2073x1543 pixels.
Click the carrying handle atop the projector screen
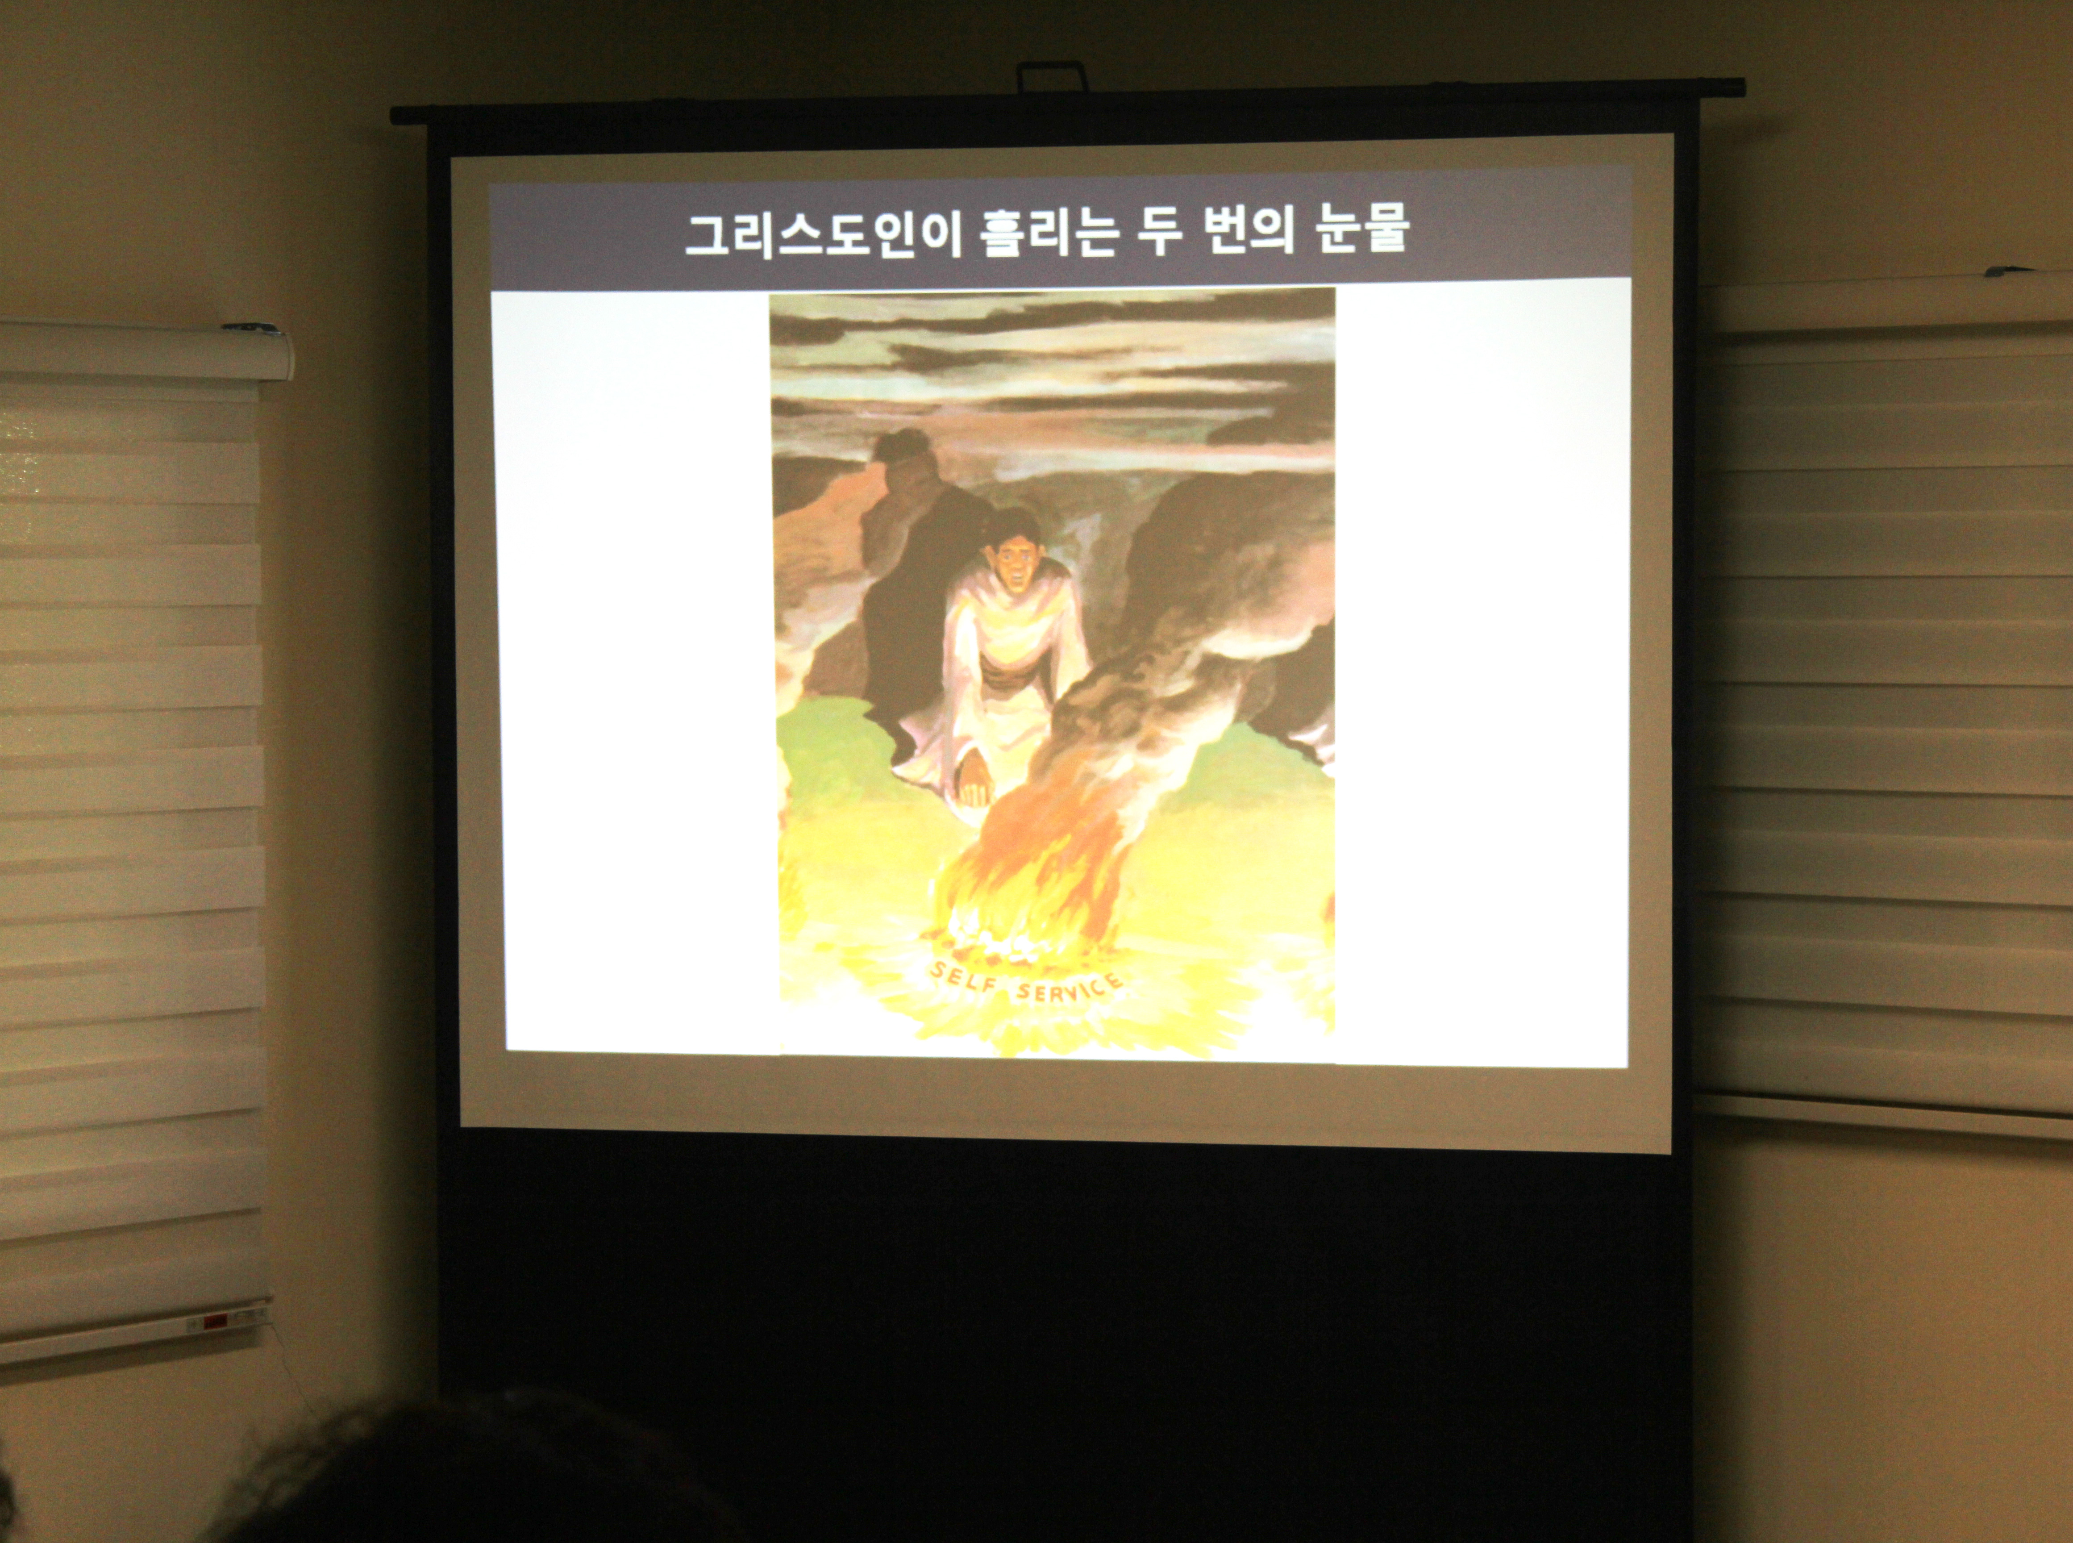point(1053,75)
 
